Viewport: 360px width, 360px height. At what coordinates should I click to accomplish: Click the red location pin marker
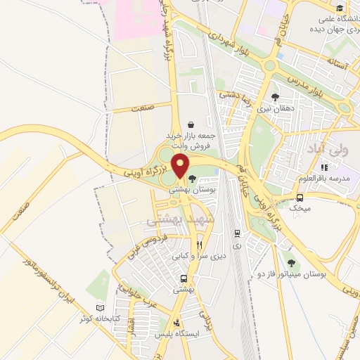point(181,166)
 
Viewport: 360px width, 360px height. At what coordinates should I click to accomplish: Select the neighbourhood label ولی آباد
point(324,150)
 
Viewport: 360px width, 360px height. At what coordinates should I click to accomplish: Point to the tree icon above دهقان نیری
point(275,97)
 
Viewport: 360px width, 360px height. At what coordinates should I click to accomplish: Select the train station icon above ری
point(237,233)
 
